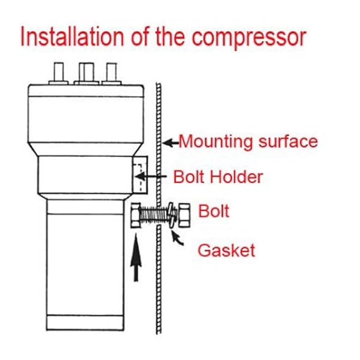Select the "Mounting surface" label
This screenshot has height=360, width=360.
click(x=248, y=142)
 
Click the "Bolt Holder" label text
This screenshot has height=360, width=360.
click(x=218, y=177)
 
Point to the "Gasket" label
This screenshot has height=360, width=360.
click(x=227, y=250)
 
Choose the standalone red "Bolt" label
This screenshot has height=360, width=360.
click(x=214, y=212)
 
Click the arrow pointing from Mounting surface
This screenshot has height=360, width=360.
click(x=171, y=143)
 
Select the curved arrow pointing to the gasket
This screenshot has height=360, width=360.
click(x=178, y=238)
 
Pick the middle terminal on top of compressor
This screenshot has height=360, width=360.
click(x=84, y=72)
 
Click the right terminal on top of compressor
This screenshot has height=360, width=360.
click(x=110, y=73)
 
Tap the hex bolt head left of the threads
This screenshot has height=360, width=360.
click(x=135, y=213)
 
